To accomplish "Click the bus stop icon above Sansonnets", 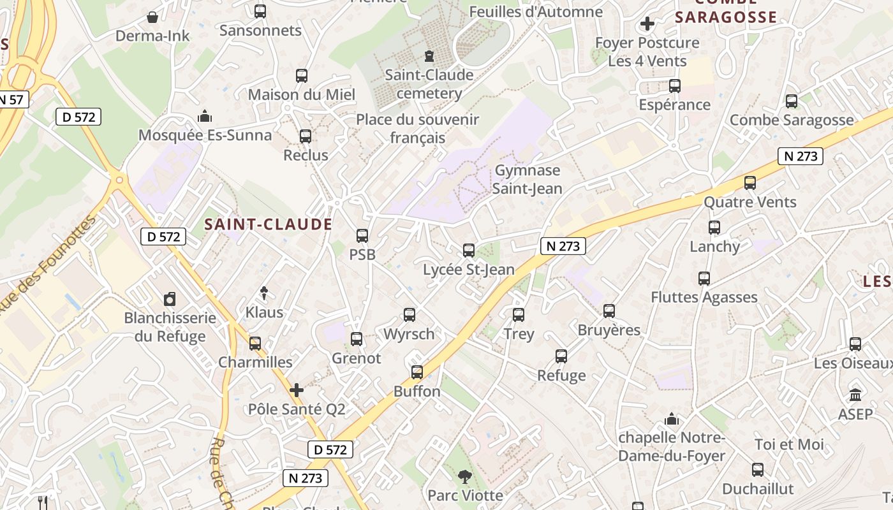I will click(x=260, y=11).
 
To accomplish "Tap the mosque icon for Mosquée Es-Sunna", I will click(x=205, y=116).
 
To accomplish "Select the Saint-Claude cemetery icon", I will click(x=429, y=56).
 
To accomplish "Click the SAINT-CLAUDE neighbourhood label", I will click(x=269, y=224).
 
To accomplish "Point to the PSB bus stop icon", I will click(x=362, y=236).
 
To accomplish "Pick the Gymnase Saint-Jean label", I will click(x=528, y=179).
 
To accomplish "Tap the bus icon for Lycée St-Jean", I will click(x=469, y=251).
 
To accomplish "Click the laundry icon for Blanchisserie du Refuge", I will click(x=170, y=299).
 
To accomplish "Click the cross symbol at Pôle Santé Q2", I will click(x=297, y=390).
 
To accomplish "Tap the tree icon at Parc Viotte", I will click(x=464, y=476).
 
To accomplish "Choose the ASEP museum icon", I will click(x=855, y=395).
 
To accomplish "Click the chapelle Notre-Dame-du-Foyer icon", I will click(x=672, y=419).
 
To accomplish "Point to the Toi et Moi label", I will click(x=789, y=444).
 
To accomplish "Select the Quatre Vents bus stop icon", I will click(x=750, y=183).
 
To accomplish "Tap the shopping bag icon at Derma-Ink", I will click(x=152, y=17).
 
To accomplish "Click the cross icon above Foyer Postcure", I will click(x=647, y=24).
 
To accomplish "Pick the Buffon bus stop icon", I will click(x=417, y=372).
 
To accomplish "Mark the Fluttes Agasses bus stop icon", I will click(x=704, y=279).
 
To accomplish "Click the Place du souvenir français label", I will click(x=417, y=128).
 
